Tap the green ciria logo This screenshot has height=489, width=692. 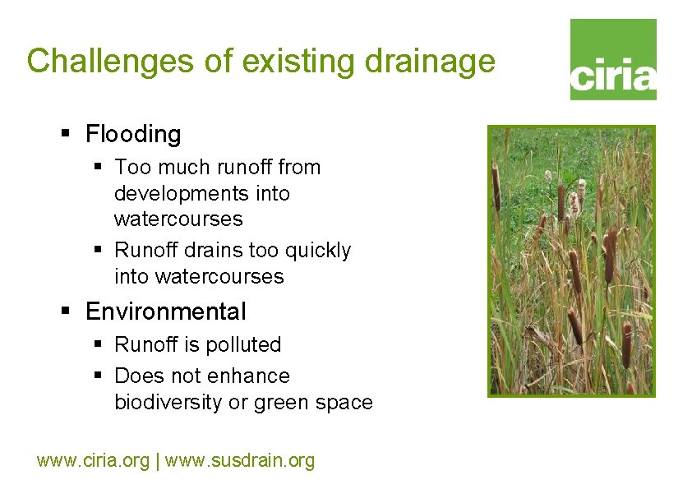point(613,60)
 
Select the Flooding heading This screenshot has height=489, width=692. point(133,134)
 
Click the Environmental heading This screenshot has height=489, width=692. point(165,311)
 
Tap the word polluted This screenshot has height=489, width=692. point(243,344)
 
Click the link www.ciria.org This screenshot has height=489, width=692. point(93,460)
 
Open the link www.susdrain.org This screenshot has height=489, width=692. point(240,460)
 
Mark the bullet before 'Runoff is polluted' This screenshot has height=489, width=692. point(97,344)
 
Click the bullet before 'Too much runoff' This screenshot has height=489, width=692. point(97,166)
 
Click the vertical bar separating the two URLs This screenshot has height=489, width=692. point(157,460)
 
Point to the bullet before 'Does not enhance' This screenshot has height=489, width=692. point(97,375)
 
